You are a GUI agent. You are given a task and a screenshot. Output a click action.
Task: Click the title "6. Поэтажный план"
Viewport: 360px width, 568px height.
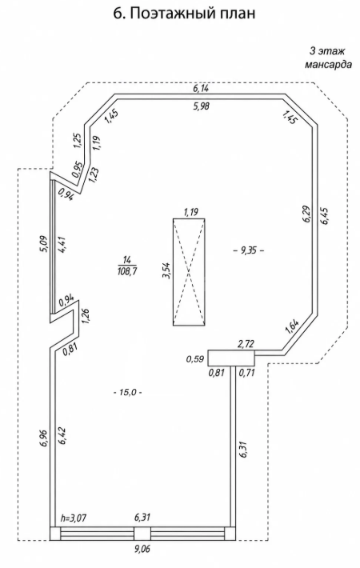click(x=185, y=14)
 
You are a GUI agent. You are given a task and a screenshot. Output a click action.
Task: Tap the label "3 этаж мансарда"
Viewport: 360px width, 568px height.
click(x=328, y=58)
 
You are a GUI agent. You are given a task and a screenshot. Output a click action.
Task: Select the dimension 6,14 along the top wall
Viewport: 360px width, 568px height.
click(x=201, y=88)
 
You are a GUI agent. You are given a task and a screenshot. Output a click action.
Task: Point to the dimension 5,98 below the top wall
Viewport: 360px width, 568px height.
click(x=201, y=106)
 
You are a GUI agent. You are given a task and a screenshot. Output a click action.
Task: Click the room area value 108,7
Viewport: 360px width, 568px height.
click(x=127, y=270)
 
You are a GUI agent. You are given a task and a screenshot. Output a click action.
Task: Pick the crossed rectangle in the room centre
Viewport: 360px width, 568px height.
click(x=189, y=272)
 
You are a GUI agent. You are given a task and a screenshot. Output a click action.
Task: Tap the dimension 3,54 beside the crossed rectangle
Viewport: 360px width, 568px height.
click(x=167, y=270)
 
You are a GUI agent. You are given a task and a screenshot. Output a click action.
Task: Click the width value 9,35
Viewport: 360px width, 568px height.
click(x=248, y=250)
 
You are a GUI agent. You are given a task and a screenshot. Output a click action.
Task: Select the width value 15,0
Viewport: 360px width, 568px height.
click(x=127, y=392)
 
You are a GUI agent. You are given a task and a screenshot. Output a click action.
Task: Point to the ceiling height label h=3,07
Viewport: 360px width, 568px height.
click(x=74, y=518)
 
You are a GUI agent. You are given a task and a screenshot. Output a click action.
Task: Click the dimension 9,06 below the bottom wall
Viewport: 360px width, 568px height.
click(x=142, y=549)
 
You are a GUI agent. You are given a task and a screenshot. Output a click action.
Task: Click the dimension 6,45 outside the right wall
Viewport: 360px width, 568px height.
click(x=325, y=217)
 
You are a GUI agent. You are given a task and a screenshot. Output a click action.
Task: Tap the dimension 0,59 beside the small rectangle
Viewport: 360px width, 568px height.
click(x=195, y=359)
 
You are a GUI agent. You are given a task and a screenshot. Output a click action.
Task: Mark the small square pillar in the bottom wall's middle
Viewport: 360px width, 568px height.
click(x=142, y=534)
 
